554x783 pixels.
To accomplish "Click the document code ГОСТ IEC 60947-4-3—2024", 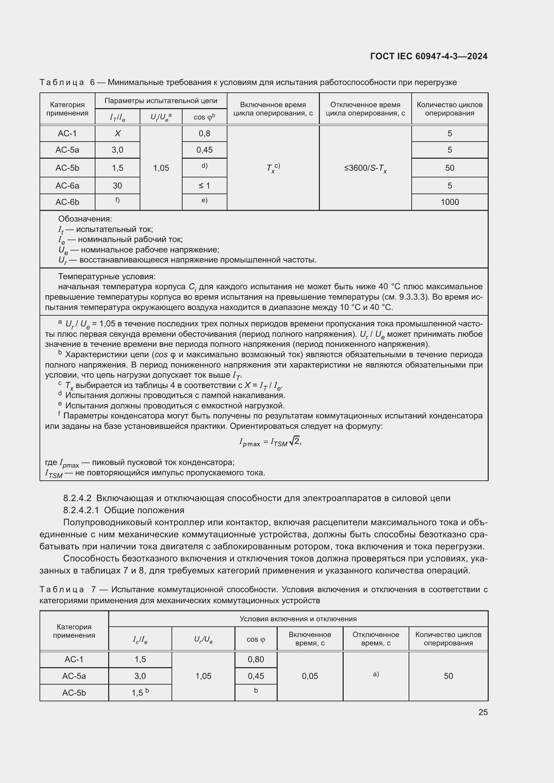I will [428, 56].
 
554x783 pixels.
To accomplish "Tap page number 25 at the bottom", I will [483, 712].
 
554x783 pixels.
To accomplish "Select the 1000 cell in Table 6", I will [449, 202].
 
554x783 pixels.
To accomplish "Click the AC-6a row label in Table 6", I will [67, 185].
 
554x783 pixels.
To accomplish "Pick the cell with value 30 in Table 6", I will [117, 185].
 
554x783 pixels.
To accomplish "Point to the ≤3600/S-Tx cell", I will [365, 168].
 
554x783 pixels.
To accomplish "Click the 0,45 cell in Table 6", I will [204, 150].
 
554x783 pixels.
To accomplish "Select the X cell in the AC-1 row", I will [117, 133].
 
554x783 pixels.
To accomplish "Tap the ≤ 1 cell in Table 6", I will [204, 185].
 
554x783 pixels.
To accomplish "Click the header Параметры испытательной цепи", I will [161, 101].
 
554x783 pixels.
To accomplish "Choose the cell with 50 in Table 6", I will [449, 168].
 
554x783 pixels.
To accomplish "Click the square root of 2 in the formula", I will [294, 441].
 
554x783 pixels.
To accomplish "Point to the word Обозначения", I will [85, 219].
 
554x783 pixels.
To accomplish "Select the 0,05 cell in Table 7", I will [310, 676].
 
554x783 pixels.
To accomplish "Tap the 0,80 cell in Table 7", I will [256, 659].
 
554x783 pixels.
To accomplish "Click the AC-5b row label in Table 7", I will [74, 693].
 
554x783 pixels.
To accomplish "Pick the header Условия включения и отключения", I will [298, 619].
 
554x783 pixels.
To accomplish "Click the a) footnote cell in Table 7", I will [375, 674].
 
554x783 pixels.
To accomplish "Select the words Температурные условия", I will [107, 276].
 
